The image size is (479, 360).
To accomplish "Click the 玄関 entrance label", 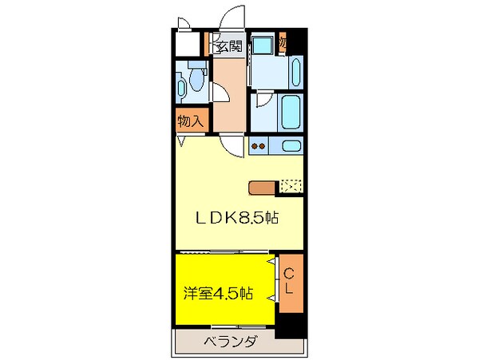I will [228, 46].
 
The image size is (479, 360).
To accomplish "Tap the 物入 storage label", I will [191, 121].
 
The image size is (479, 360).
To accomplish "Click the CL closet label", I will [291, 281].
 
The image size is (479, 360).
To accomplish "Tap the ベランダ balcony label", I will [229, 342].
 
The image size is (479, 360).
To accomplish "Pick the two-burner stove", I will [259, 146].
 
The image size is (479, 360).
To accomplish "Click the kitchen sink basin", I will [292, 146].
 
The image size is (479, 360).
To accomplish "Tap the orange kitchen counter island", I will [262, 188].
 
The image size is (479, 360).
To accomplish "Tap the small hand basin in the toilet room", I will [182, 87].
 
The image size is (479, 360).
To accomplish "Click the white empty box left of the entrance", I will [188, 44].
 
